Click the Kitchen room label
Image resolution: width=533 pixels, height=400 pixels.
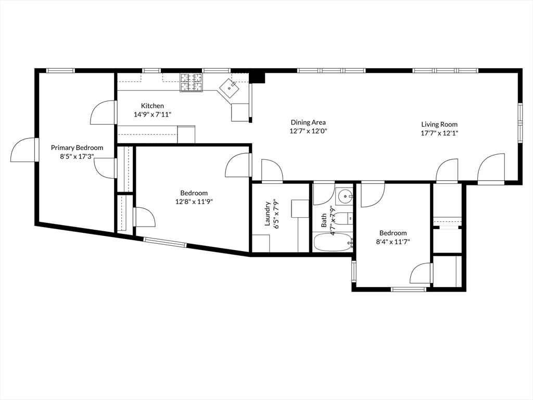coord(152,106)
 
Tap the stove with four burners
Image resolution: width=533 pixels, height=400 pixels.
coord(191,82)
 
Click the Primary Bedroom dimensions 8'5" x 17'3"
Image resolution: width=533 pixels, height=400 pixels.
coord(77,156)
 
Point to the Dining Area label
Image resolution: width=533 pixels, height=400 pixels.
coord(308,122)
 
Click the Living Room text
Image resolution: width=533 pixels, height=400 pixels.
coord(439,124)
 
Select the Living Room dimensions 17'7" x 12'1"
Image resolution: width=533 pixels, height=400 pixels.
coord(439,133)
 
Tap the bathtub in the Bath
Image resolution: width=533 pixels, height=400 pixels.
coord(333,242)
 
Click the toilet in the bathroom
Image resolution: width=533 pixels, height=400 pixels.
coord(341,219)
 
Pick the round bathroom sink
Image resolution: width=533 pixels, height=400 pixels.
coord(344,196)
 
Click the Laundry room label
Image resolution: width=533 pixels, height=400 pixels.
coord(268,214)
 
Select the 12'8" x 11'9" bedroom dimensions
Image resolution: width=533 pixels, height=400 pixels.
coord(194,202)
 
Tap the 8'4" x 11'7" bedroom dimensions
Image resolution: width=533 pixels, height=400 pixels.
coord(393,242)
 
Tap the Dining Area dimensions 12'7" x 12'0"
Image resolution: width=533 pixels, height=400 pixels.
coord(308,131)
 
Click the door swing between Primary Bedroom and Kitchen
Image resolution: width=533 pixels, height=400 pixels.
coord(103,113)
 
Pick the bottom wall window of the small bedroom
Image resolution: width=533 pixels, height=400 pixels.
coord(409,289)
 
